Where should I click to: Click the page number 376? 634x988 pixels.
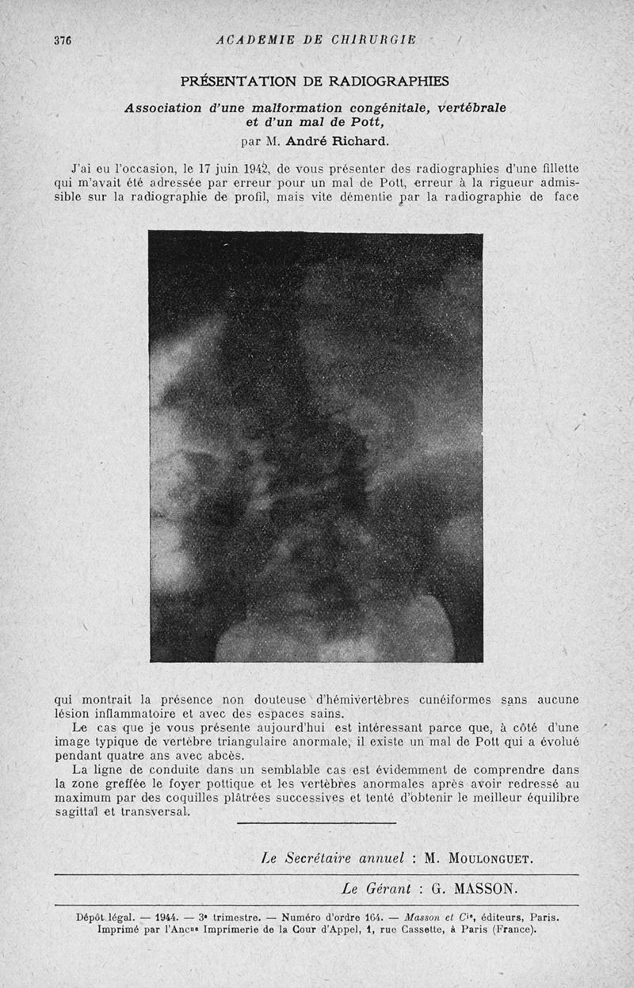pos(63,40)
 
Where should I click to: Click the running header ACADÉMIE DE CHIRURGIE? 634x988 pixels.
pos(316,40)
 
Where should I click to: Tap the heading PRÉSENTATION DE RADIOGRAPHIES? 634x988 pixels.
pos(315,81)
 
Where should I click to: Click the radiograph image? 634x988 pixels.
pos(315,446)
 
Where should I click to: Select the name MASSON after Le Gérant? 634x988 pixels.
pos(490,888)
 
